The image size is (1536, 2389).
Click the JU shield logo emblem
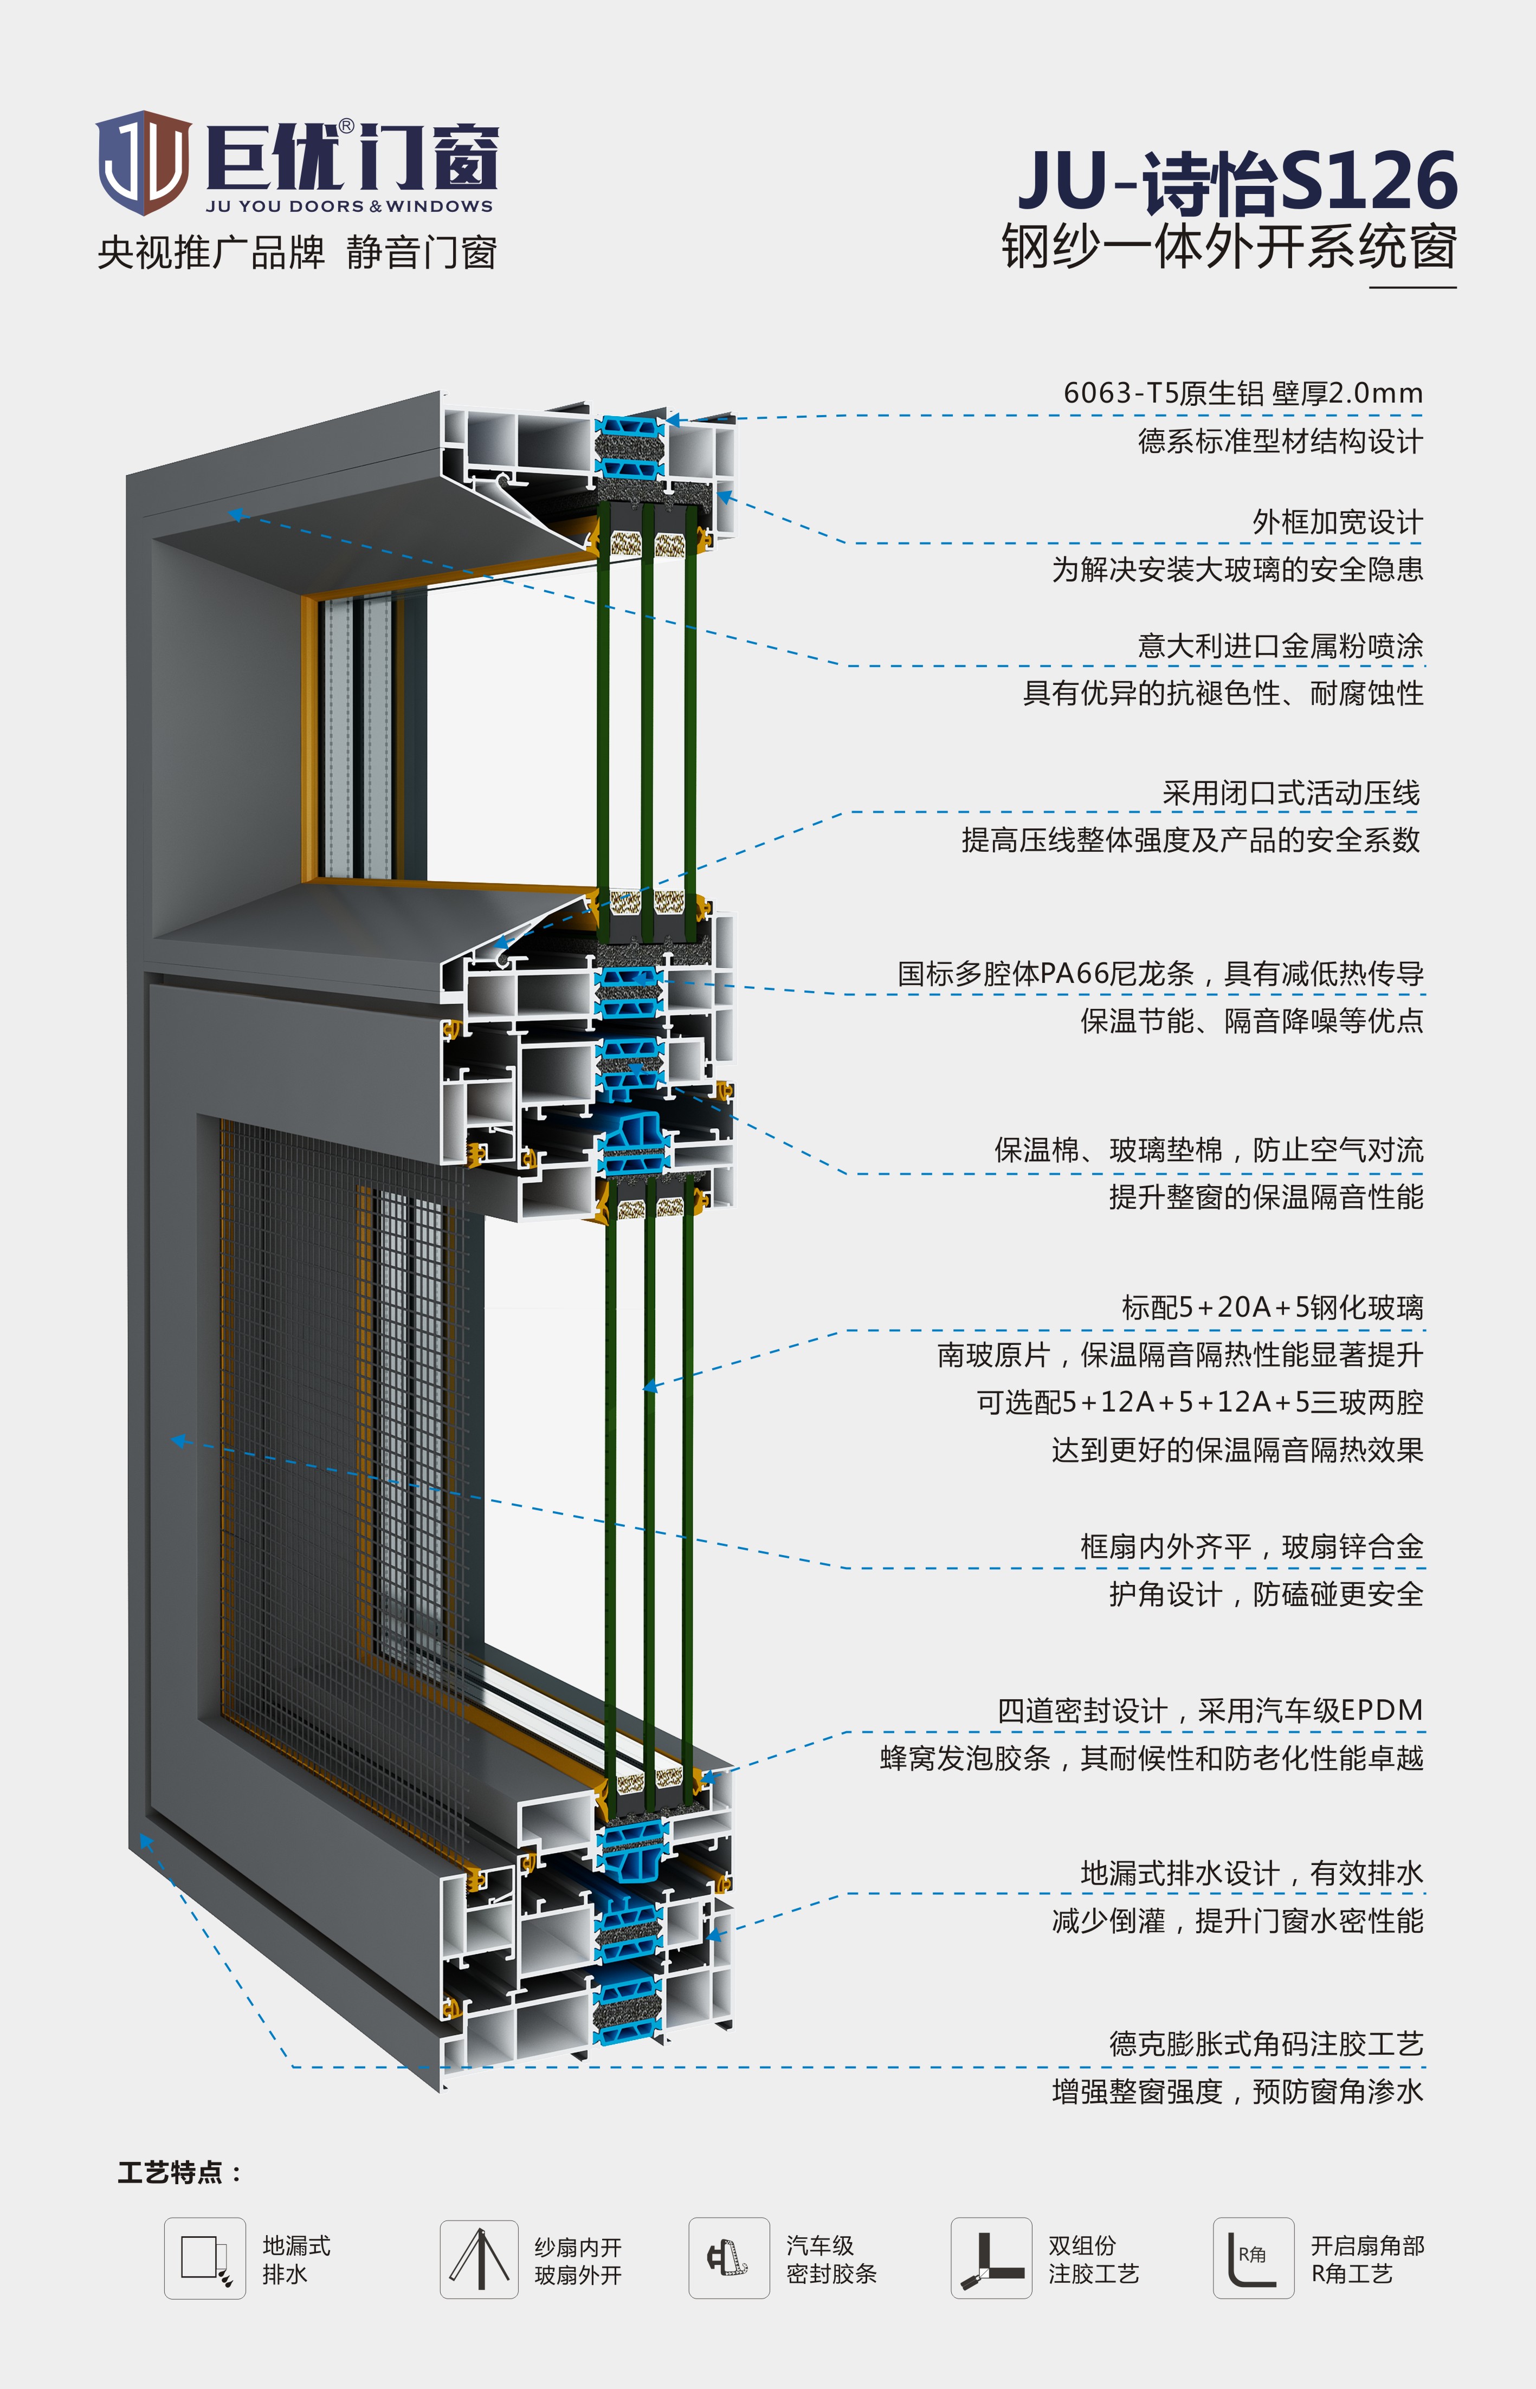coord(144,163)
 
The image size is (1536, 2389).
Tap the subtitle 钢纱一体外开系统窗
coord(1229,247)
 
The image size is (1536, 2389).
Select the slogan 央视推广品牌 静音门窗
coord(297,253)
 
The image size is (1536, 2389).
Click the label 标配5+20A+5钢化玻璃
coord(1273,1307)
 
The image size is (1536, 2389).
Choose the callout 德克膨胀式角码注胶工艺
coord(1266,2044)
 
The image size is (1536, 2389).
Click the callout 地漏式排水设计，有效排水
coord(1252,1874)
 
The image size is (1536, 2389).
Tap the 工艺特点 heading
coord(179,2173)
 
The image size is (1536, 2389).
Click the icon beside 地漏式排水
coord(204,2258)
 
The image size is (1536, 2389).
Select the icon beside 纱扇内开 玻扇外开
coord(479,2258)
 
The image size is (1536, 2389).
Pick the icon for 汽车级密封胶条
coord(729,2258)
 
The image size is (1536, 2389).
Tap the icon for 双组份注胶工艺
coord(991,2258)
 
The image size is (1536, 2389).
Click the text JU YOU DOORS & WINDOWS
coord(349,206)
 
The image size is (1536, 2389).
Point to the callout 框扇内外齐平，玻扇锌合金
coord(1252,1546)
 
